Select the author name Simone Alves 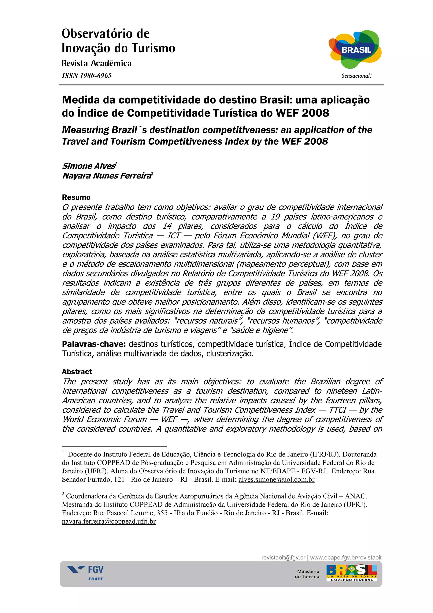click(89, 166)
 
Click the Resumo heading click(76, 197)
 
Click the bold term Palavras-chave click(94, 344)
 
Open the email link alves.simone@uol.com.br click(276, 480)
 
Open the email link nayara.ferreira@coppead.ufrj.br click(109, 521)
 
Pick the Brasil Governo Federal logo click(351, 573)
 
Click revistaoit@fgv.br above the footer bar click(283, 557)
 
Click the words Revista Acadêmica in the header click(97, 63)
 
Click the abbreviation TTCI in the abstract click(337, 410)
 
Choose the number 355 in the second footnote click(162, 513)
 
